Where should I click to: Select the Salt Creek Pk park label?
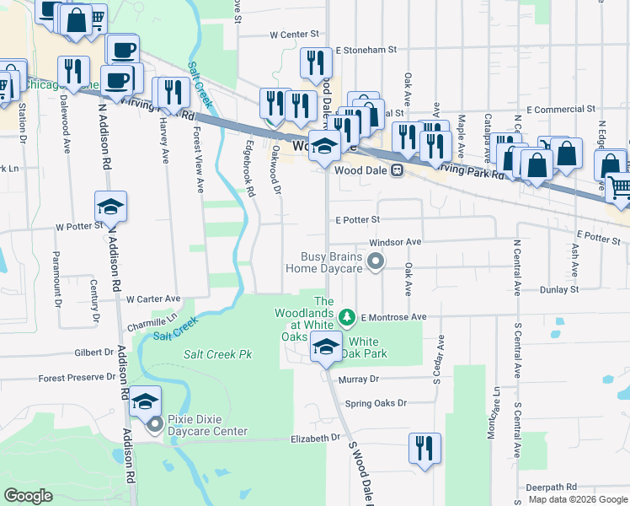[x=218, y=355]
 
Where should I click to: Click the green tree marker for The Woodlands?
[x=346, y=317]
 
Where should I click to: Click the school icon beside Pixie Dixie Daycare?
[x=146, y=401]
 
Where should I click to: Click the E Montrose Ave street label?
[x=395, y=317]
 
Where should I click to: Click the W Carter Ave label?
[x=153, y=299]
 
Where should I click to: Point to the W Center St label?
[x=295, y=35]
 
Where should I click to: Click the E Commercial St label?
[x=561, y=110]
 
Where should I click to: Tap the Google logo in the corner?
[x=29, y=496]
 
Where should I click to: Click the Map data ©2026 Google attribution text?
[x=578, y=499]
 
